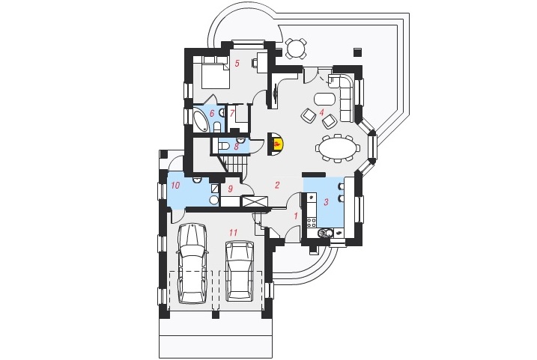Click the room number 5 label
tap(237, 63)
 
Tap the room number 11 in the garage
tap(233, 233)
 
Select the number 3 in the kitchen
tap(326, 202)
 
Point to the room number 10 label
tap(175, 186)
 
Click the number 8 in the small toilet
tap(237, 147)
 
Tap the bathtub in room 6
tap(201, 120)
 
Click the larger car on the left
tap(192, 263)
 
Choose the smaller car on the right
tap(240, 270)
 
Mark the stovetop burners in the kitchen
tap(312, 223)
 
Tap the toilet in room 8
tap(225, 147)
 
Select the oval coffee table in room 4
tap(324, 100)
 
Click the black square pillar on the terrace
tap(358, 52)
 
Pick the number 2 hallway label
tap(277, 185)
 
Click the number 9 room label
tap(230, 189)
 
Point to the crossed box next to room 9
tap(255, 201)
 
